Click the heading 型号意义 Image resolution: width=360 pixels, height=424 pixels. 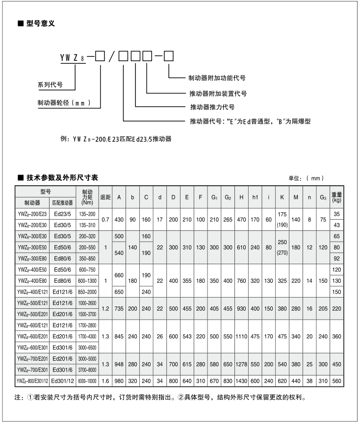point(41,23)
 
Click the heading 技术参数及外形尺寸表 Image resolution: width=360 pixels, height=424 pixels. point(61,177)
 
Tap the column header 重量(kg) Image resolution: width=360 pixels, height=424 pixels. point(336,197)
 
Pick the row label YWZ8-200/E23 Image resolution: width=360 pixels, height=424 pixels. point(32,214)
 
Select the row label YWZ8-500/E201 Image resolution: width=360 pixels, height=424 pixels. point(32,314)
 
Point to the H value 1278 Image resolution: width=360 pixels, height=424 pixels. point(241,365)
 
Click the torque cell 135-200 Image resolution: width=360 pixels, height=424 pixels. point(87,214)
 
